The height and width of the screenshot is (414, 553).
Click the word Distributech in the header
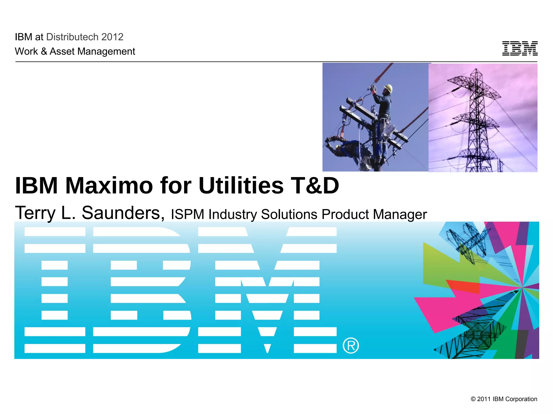[x=72, y=37]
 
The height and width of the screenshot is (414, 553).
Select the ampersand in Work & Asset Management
[x=44, y=51]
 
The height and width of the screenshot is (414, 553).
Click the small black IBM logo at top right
[x=520, y=49]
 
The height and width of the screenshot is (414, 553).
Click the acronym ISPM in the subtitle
[x=187, y=215]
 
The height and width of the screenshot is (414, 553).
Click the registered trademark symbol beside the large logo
[x=351, y=346]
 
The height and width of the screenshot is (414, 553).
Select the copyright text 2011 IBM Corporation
[x=504, y=399]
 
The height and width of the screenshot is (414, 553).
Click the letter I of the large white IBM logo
[x=55, y=290]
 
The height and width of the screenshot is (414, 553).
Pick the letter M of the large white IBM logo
[x=267, y=290]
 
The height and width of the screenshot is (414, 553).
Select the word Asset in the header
[x=62, y=51]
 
